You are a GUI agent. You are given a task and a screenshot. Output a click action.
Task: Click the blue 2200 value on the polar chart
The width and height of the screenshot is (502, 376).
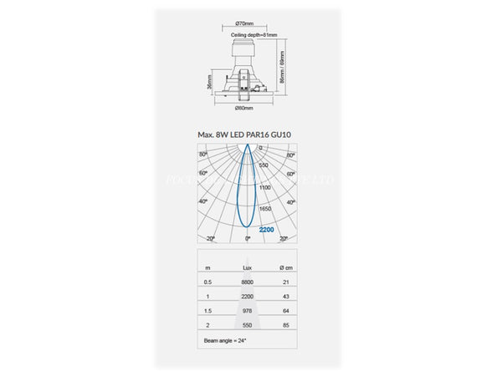pos(266,229)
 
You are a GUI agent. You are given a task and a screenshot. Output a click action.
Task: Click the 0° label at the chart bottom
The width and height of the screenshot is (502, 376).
pos(247,239)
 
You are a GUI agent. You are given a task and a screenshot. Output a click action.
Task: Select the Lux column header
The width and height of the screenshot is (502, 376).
pos(247,267)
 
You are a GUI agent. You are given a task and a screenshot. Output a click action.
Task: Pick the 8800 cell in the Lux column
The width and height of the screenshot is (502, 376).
pos(248,282)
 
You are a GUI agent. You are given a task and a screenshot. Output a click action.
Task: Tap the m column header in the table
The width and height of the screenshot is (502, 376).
pos(207,267)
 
